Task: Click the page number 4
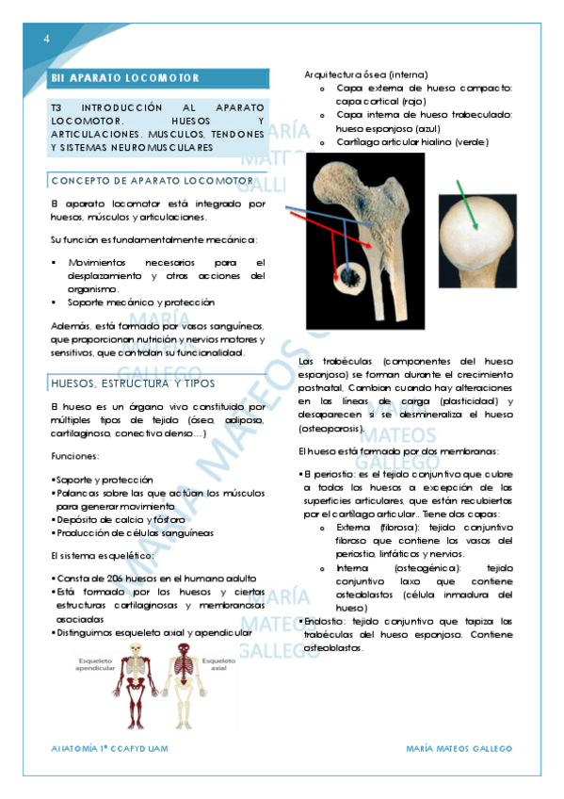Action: [46, 38]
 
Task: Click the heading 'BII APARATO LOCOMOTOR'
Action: [126, 78]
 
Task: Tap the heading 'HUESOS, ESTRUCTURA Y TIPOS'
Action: [133, 383]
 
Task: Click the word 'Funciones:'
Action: [75, 456]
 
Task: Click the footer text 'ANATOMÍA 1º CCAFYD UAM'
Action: [114, 748]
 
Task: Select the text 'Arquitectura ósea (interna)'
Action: [366, 73]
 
